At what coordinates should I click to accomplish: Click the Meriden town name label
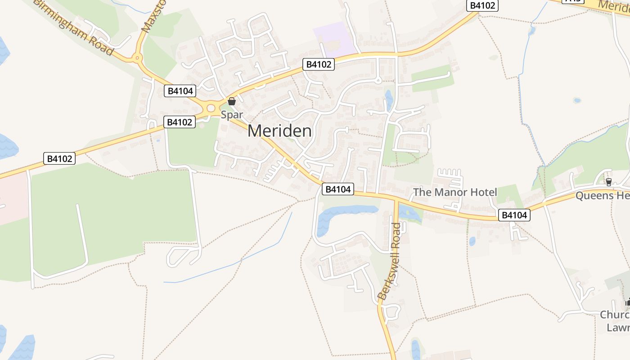tap(279, 131)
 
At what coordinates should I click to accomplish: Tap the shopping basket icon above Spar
tap(232, 101)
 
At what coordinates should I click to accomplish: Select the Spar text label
tap(232, 115)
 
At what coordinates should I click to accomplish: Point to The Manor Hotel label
tap(455, 193)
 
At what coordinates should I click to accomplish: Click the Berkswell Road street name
tap(390, 261)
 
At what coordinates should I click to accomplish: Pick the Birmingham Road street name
tap(75, 27)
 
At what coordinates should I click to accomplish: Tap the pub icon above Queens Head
tap(608, 182)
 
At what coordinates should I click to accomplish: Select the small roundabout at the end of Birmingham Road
tap(137, 58)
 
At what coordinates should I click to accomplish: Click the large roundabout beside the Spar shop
tap(211, 108)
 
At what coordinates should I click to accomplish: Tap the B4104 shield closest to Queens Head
tap(515, 215)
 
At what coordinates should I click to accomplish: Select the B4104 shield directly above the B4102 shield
tap(180, 91)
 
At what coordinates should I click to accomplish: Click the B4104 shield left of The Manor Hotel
tap(338, 189)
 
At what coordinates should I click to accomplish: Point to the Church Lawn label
tap(615, 321)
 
